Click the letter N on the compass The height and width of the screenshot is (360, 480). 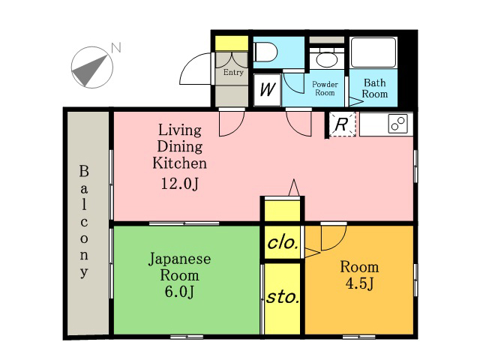(116, 47)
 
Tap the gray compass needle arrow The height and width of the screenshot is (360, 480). (89, 70)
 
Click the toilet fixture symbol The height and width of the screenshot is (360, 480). (266, 52)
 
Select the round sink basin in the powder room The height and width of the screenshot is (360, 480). (327, 60)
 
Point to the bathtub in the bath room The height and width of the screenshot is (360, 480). (373, 52)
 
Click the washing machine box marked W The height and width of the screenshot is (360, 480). (267, 90)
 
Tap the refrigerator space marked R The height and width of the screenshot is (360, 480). (342, 124)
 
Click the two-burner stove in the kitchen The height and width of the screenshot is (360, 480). (398, 123)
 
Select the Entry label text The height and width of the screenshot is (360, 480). (233, 72)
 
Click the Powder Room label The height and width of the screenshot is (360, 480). (325, 88)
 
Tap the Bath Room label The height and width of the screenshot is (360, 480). (375, 88)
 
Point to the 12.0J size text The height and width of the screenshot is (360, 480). (180, 184)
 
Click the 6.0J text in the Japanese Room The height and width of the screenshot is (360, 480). (179, 292)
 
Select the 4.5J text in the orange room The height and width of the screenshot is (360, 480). (359, 283)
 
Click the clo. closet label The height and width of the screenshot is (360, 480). (283, 243)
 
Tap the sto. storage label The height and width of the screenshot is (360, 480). (283, 297)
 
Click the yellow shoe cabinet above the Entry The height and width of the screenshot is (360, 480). (232, 43)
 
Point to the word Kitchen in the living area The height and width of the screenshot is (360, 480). (180, 163)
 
